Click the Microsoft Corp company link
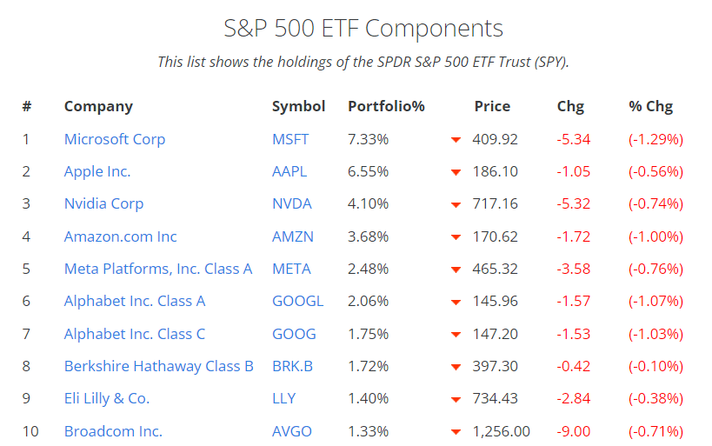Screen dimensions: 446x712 (114, 139)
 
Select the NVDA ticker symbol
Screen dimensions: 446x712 (291, 204)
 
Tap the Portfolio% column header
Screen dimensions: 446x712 (386, 107)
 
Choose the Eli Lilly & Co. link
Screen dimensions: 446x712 (107, 399)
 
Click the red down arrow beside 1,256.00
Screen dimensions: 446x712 (455, 432)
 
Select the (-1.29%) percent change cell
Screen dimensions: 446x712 (655, 139)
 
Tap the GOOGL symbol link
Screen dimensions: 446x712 (297, 302)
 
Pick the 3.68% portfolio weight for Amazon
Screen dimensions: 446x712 (368, 236)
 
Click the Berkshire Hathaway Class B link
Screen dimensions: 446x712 (158, 367)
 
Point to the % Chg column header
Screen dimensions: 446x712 (650, 107)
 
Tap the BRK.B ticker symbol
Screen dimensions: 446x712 (292, 367)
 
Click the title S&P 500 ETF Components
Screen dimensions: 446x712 (363, 28)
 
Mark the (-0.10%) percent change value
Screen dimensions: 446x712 (655, 367)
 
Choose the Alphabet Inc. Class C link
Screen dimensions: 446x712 (135, 334)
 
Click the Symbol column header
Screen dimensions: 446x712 (298, 107)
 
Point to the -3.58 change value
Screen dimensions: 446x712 (574, 270)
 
